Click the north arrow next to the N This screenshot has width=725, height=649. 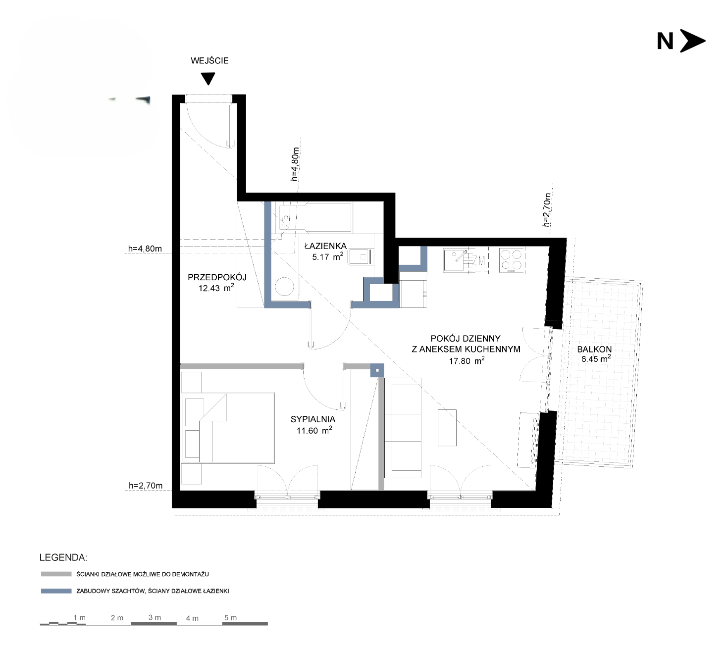[692, 41]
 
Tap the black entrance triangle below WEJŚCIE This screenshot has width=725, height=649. [208, 78]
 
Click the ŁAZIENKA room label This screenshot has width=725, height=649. [325, 246]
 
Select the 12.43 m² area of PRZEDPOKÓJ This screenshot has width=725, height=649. [216, 288]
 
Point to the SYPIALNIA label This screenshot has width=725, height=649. [313, 419]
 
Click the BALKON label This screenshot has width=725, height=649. [594, 349]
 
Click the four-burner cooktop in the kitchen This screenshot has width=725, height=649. [512, 260]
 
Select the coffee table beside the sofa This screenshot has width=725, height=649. [447, 428]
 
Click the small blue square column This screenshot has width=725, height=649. [377, 370]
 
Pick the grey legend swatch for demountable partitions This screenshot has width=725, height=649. [56, 574]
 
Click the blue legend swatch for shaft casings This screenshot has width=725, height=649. [56, 591]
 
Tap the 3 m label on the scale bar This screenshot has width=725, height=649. [155, 617]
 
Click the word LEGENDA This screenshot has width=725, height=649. [63, 557]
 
